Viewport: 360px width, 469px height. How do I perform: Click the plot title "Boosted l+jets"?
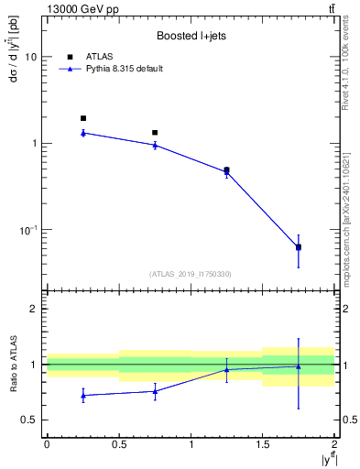(190, 37)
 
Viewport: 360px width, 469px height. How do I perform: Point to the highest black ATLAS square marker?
(82, 118)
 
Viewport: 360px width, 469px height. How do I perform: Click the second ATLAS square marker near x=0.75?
(155, 133)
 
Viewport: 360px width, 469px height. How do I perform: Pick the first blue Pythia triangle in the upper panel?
(82, 133)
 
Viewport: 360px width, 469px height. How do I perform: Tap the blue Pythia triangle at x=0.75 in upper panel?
(155, 145)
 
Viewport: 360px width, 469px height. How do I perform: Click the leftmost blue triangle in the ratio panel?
(82, 395)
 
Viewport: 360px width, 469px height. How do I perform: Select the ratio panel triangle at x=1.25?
(226, 370)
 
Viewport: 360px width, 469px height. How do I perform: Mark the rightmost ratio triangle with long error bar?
(299, 366)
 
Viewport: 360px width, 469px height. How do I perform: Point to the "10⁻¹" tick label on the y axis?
(27, 229)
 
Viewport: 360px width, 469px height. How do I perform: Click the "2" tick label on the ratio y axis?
(34, 309)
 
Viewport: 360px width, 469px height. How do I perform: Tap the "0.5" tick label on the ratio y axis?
(30, 420)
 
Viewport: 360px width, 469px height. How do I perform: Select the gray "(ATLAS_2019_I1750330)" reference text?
(190, 273)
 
